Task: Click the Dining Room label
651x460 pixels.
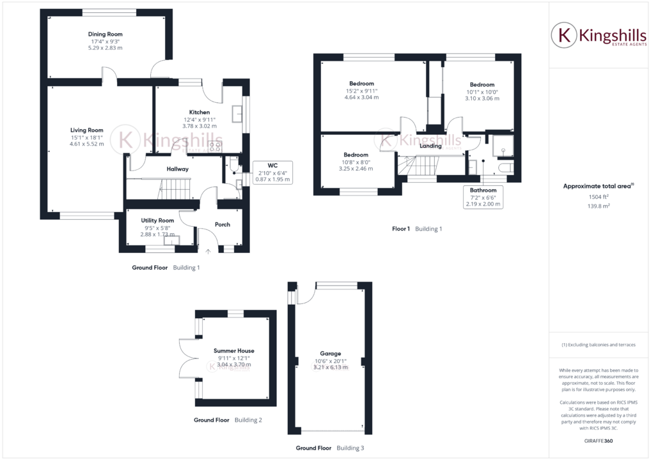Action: pyautogui.click(x=106, y=34)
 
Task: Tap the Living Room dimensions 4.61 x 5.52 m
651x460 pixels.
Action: pyautogui.click(x=87, y=144)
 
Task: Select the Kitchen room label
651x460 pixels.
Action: pyautogui.click(x=200, y=112)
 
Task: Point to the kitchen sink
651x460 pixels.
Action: pyautogui.click(x=237, y=113)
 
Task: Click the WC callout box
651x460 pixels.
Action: pyautogui.click(x=272, y=172)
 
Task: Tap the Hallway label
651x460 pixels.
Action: pyautogui.click(x=177, y=169)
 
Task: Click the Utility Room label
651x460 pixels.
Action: pyautogui.click(x=157, y=220)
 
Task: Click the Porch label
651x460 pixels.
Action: pyautogui.click(x=223, y=224)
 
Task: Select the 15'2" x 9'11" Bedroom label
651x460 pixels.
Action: pyautogui.click(x=361, y=84)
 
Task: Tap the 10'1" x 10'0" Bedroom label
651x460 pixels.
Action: pyautogui.click(x=482, y=85)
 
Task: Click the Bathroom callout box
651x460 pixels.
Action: pyautogui.click(x=483, y=197)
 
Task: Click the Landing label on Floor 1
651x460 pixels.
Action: pyautogui.click(x=430, y=146)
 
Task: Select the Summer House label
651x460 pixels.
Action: pyautogui.click(x=234, y=351)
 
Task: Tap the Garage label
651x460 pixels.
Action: pyautogui.click(x=331, y=353)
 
